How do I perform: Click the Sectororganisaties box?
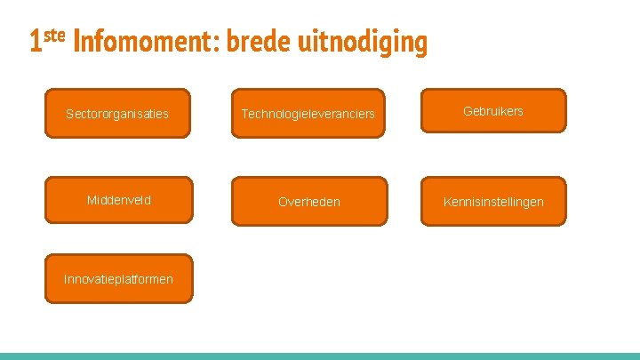117,114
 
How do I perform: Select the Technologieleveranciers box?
308,114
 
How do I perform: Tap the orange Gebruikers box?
493,111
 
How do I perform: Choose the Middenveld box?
118,200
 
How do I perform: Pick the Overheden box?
309,202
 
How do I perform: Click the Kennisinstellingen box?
493,202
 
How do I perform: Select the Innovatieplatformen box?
118,279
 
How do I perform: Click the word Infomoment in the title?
146,42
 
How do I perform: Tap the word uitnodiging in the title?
365,42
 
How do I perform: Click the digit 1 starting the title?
35,42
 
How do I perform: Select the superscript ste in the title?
54,36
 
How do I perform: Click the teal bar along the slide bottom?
320,356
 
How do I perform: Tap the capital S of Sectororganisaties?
70,114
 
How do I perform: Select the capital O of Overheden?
283,202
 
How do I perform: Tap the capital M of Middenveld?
91,200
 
